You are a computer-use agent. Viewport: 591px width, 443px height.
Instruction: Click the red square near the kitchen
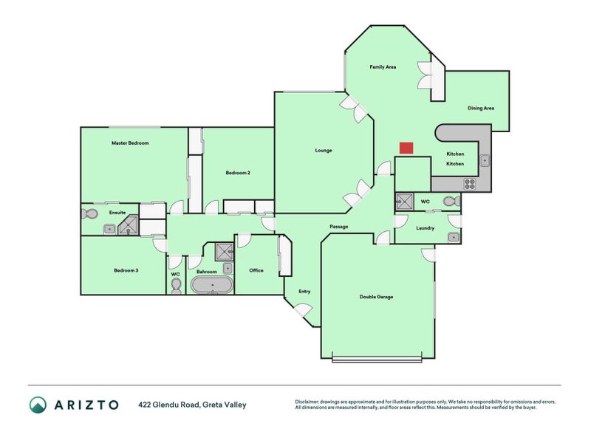point(406,148)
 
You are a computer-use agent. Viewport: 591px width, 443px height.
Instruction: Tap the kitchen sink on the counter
point(484,159)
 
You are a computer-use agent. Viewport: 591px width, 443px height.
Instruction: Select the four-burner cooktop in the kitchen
point(469,183)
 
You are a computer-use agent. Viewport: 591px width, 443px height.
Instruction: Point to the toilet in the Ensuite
point(89,213)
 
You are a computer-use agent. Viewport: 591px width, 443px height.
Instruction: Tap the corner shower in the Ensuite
point(129,224)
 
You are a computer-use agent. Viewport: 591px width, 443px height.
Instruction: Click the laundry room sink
point(453,237)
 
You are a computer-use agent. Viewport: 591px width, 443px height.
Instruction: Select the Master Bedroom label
point(130,143)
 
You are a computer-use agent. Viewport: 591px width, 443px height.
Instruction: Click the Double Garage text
point(376,297)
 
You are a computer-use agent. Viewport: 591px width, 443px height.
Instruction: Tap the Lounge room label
point(324,151)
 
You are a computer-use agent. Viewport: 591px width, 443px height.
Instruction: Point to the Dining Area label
point(480,109)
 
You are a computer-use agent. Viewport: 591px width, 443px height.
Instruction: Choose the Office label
point(256,270)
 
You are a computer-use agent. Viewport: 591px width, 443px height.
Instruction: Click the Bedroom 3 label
point(126,270)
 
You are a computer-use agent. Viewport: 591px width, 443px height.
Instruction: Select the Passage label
point(338,227)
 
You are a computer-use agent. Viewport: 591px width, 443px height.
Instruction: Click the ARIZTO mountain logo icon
point(38,404)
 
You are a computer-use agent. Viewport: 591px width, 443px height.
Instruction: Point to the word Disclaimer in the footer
point(309,402)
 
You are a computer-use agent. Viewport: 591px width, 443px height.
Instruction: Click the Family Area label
point(383,67)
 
